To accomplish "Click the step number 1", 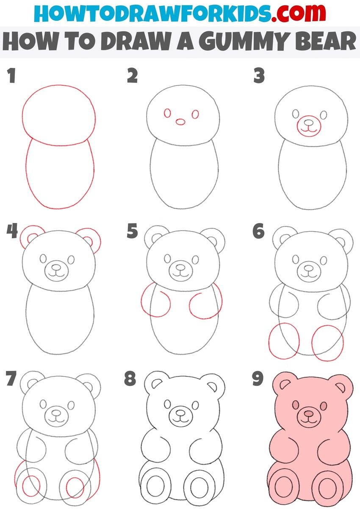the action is coord(11,75).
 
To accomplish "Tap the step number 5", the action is coord(133,231).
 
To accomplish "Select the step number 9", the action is coord(258,379).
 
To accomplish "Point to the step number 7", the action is coord(11,378).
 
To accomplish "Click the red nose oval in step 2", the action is coord(180,122).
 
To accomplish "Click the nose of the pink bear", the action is coord(309,413).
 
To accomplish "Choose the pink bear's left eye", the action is coord(296,404).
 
